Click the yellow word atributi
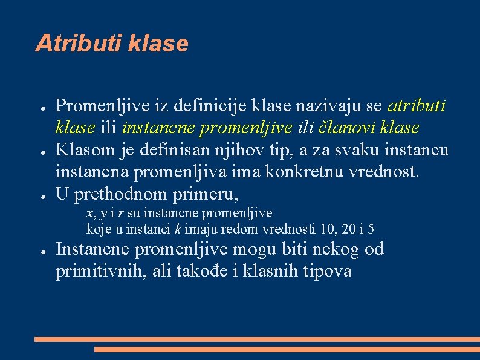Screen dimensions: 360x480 pyautogui.click(x=417, y=106)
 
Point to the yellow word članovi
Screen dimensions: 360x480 pyautogui.click(x=355, y=128)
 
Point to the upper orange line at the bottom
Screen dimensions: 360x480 pyautogui.click(x=257, y=339)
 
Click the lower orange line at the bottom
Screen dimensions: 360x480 pyautogui.click(x=287, y=349)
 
